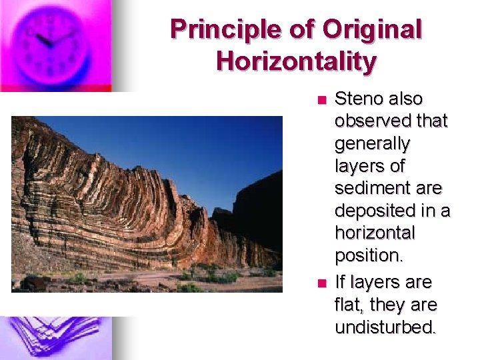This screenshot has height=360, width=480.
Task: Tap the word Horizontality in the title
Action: click(x=296, y=61)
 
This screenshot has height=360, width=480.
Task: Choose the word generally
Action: click(x=372, y=144)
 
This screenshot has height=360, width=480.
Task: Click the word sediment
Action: click(x=371, y=189)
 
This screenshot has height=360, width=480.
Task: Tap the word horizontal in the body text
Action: click(x=375, y=233)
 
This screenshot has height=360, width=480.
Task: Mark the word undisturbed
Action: click(x=384, y=328)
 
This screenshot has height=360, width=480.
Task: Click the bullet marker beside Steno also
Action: click(x=321, y=100)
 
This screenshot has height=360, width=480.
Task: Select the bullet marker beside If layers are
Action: click(x=321, y=283)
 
